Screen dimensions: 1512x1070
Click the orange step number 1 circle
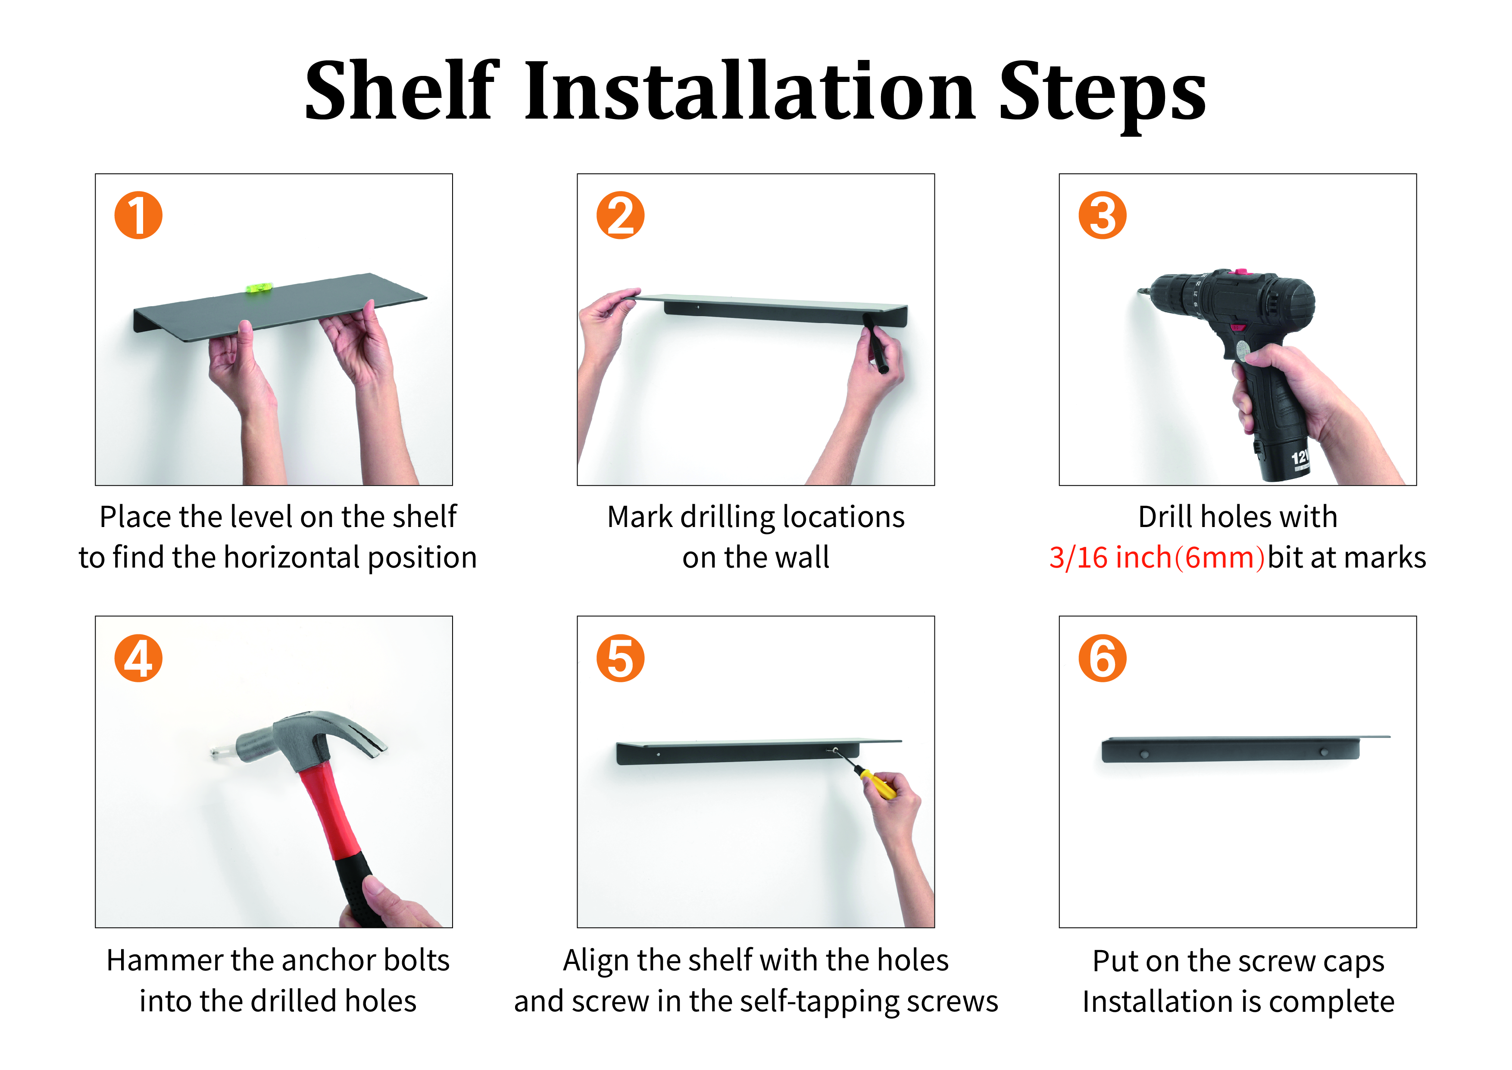[138, 216]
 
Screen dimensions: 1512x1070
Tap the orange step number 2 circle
[620, 216]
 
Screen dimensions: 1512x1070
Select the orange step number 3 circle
[1103, 216]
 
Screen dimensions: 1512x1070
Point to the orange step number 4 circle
[138, 658]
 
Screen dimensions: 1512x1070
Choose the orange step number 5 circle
[620, 658]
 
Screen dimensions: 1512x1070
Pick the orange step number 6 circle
[1103, 658]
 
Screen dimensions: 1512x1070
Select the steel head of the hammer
[309, 738]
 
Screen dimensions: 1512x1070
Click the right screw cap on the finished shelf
[1324, 752]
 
